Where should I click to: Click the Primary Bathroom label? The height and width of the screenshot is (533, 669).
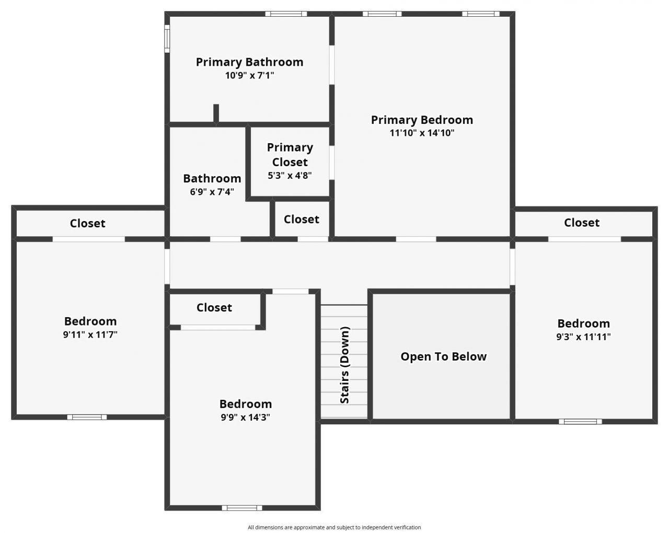(x=249, y=62)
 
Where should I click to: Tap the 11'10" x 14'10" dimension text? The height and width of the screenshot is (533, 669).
(x=422, y=133)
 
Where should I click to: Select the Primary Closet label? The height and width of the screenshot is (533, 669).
(x=290, y=155)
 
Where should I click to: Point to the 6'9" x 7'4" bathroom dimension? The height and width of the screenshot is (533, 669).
(x=212, y=192)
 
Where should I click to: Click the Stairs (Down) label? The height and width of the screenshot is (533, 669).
(x=345, y=365)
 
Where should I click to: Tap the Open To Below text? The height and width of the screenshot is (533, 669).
(x=443, y=357)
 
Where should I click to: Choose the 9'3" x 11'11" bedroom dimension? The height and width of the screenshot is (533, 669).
(x=583, y=337)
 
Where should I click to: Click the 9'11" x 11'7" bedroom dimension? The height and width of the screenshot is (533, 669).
(x=90, y=335)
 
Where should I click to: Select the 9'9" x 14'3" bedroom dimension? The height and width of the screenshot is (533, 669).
(x=245, y=418)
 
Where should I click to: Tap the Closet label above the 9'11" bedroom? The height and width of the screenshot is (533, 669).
(x=87, y=224)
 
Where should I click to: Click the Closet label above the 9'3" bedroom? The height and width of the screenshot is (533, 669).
(x=581, y=223)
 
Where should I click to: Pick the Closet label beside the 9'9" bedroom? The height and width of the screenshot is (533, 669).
(x=214, y=308)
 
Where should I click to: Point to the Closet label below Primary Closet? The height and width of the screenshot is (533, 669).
(x=301, y=219)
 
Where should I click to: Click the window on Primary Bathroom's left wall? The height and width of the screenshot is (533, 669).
(x=167, y=39)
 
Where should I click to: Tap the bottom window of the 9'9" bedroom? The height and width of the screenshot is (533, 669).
(x=241, y=507)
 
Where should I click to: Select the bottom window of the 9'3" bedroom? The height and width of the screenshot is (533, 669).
(x=580, y=421)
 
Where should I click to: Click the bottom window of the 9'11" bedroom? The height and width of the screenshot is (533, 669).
(x=87, y=417)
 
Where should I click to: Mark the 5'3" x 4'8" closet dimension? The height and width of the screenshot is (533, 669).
(x=290, y=176)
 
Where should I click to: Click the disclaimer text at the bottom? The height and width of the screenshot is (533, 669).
(x=334, y=527)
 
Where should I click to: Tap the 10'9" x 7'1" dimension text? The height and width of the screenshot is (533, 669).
(x=249, y=76)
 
